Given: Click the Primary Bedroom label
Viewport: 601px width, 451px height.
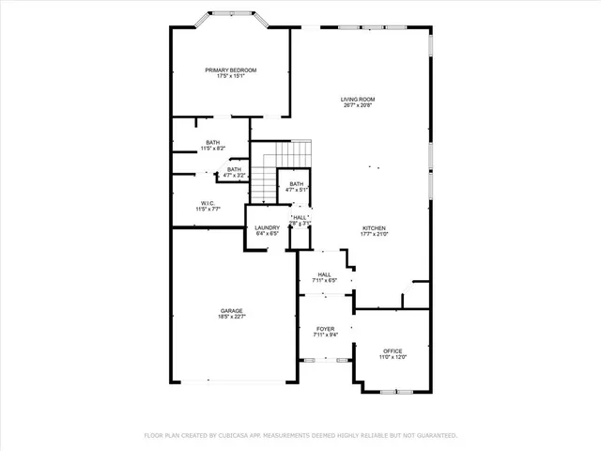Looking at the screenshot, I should coord(231,70).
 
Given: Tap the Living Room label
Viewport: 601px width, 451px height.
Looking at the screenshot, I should coord(358,99).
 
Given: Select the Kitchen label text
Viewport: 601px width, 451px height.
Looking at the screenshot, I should coord(375,228).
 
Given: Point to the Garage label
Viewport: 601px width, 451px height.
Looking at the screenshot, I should coord(232,311).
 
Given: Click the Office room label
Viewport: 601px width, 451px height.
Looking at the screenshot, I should coord(393,350).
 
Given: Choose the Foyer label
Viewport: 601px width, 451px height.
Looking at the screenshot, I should coord(325,329).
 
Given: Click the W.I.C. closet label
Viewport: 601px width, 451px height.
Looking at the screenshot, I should coord(209,203).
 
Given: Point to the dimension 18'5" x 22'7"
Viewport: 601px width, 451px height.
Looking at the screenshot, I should coord(232,318).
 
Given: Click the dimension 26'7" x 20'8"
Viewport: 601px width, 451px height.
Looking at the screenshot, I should coord(358,105).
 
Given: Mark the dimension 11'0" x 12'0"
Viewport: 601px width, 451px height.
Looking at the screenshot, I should coord(393,357).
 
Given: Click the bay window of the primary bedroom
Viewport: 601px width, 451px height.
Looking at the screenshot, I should coord(231,19).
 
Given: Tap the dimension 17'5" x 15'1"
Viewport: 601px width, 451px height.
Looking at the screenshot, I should coord(231,77).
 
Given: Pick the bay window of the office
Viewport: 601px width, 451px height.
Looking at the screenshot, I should coord(394,389).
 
